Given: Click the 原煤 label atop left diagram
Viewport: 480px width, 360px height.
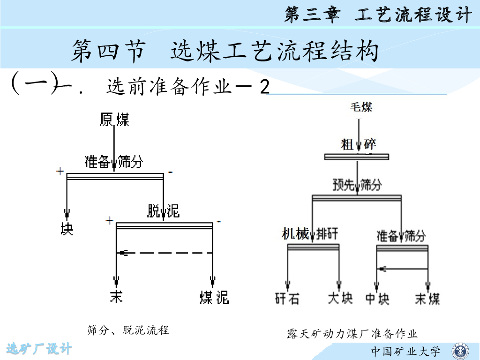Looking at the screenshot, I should [114, 120].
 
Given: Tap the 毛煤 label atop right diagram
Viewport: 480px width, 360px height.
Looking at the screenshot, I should [360, 107].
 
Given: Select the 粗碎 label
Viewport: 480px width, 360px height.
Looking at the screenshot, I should [359, 144].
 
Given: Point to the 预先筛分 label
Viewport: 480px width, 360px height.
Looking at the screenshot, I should [357, 185].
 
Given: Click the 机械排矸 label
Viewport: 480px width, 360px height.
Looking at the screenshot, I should [310, 234].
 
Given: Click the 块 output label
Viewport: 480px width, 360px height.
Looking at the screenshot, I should [67, 229].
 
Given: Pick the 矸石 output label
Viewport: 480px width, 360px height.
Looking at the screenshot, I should [287, 298].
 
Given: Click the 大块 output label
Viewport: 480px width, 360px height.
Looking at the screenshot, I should [340, 298].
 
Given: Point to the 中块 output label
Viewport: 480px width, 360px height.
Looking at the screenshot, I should [377, 298].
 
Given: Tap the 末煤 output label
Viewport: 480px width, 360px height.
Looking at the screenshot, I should [427, 298].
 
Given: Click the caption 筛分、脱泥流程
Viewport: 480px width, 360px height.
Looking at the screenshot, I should [128, 330].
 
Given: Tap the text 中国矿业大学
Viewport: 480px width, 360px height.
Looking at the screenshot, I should [406, 351].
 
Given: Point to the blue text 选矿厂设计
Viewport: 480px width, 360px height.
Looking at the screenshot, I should [39, 348].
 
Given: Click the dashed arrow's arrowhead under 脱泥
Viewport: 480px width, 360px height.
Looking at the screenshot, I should [123, 253].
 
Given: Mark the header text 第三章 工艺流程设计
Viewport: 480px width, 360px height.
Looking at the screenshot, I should [378, 15].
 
